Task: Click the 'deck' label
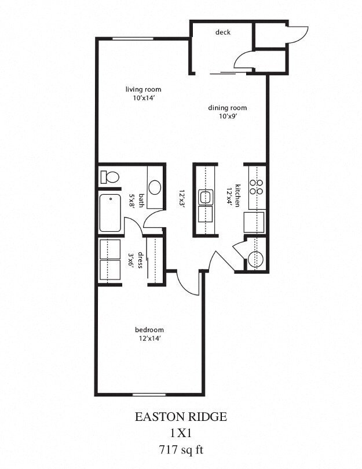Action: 223,32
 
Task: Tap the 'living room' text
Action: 143,89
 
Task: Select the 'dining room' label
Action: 228,108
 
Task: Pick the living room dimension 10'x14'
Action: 143,98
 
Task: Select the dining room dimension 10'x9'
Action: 228,117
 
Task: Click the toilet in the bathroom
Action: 109,176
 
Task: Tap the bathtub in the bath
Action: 110,213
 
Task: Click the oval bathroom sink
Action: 155,187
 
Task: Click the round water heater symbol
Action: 255,259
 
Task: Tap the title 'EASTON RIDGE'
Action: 181,416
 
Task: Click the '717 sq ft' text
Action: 181,449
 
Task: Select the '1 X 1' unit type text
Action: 181,432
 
